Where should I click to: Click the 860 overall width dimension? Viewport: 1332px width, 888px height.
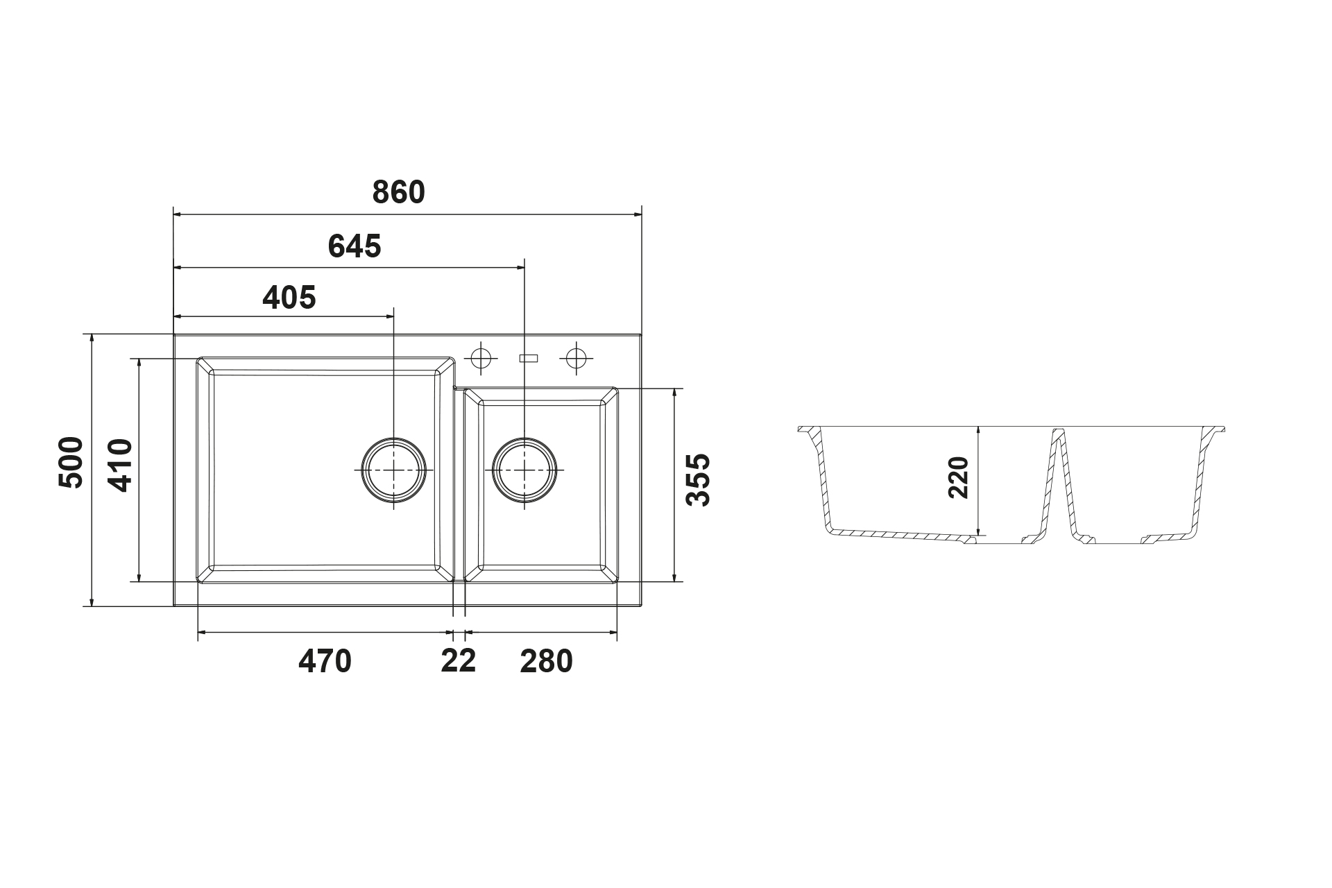click(x=398, y=192)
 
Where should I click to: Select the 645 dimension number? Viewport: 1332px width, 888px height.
click(x=355, y=246)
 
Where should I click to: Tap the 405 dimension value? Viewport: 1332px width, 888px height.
click(x=289, y=298)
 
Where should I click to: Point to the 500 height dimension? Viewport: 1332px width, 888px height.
click(x=71, y=462)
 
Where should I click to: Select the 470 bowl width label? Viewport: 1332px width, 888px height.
click(x=325, y=662)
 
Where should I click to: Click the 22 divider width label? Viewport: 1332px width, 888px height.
click(x=459, y=661)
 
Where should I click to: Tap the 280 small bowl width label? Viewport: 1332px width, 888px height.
click(x=547, y=662)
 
